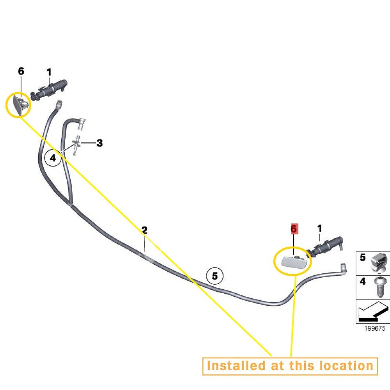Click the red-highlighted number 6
[294, 229]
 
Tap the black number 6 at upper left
[21, 71]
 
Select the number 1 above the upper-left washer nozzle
[49, 73]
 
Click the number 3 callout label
[99, 143]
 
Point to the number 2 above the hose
[144, 230]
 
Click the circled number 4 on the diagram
[53, 158]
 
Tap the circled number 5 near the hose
[215, 276]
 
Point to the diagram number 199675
[374, 328]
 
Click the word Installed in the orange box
[236, 366]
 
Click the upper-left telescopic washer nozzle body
[49, 90]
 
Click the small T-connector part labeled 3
[77, 145]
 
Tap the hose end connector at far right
[344, 268]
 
